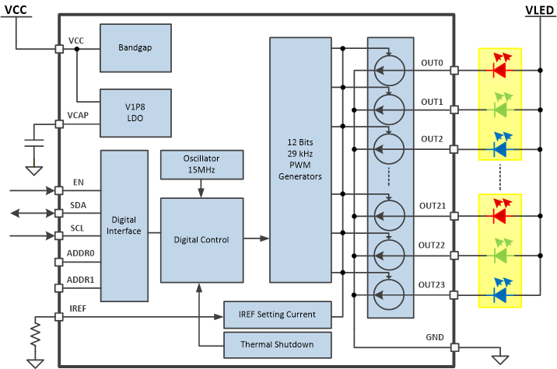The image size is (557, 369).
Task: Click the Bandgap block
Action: pos(135,47)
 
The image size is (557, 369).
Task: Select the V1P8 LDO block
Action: pos(135,111)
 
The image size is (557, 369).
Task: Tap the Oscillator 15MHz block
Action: pos(201,164)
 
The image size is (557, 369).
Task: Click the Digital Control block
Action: pos(201,240)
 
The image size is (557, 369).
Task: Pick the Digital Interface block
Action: pos(124,225)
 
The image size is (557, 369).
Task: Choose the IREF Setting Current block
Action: pos(278,314)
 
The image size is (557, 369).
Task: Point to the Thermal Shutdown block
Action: pos(278,343)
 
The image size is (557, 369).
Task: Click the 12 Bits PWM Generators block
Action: pos(300,159)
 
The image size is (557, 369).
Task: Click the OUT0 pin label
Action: pos(432,62)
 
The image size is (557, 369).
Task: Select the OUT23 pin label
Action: pos(432,284)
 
